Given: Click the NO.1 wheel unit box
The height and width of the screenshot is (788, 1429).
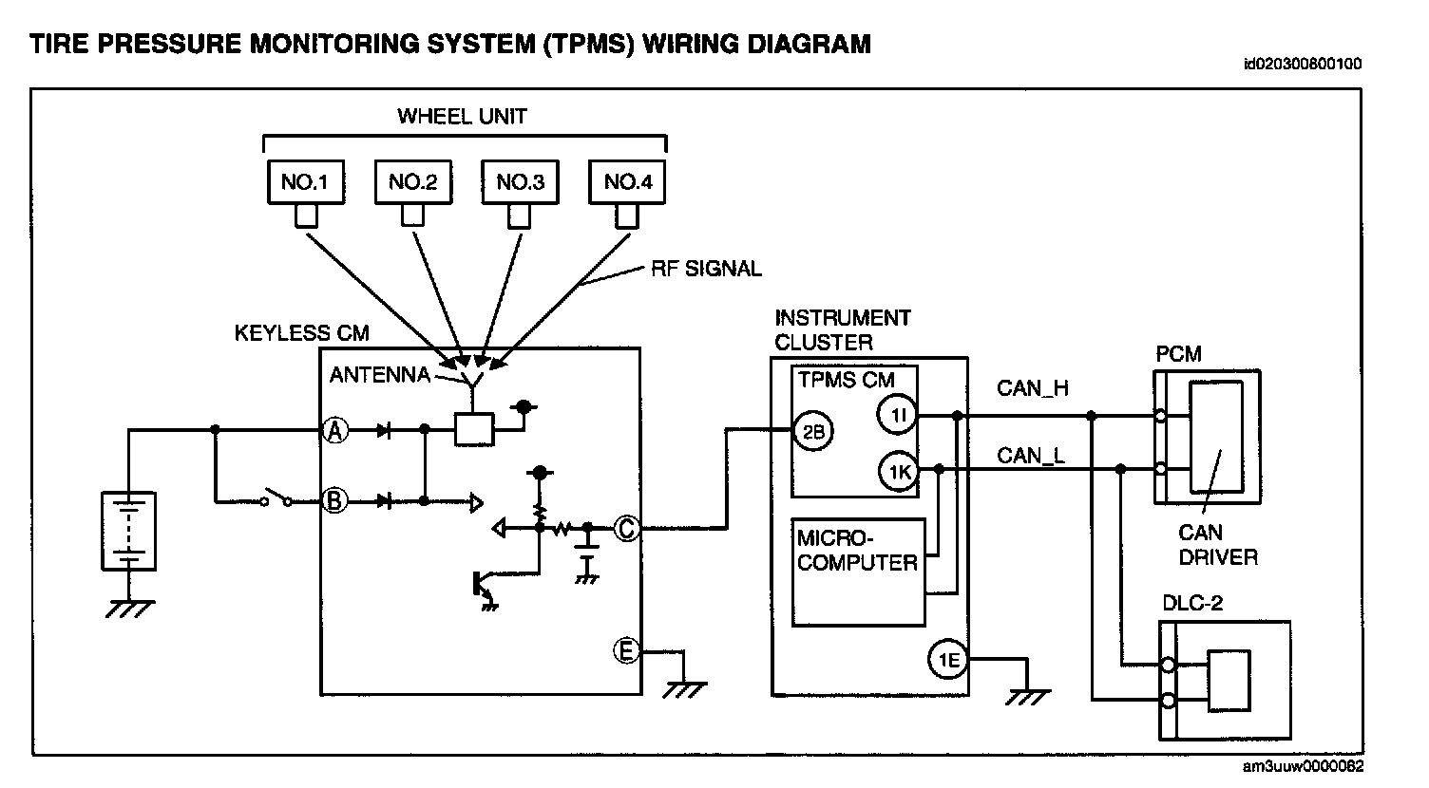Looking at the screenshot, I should point(305,181).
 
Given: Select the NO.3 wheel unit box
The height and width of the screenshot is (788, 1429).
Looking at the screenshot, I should point(519,181).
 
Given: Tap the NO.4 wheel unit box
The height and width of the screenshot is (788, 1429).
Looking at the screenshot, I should point(626,181).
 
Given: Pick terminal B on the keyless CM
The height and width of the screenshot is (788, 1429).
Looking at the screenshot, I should point(333,500).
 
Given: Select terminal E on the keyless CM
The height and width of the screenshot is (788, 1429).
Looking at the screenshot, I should point(625,651).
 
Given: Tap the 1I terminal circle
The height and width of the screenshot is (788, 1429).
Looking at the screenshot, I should point(899,414).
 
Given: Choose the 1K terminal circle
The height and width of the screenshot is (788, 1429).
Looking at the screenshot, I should point(899,471).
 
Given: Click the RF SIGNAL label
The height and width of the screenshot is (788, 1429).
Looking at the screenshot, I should point(706,269).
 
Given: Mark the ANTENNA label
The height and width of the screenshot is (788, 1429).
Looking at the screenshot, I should point(379,375).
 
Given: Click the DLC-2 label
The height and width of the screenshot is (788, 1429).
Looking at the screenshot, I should point(1192,603).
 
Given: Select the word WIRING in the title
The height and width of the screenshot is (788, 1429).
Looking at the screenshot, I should point(692,44).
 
